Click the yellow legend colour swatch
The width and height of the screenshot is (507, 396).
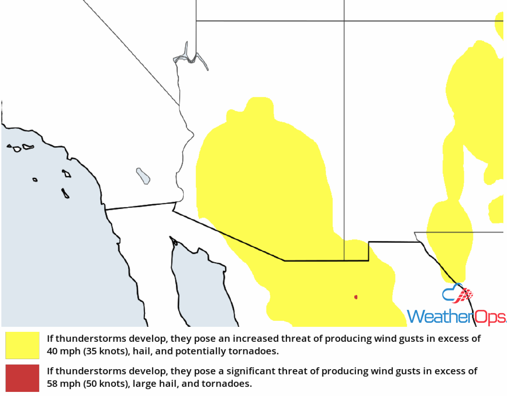tap(22, 345)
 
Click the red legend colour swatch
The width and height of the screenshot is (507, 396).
tap(22, 377)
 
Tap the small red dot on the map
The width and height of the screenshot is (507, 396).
tap(356, 297)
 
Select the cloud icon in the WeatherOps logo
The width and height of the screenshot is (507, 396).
tap(457, 294)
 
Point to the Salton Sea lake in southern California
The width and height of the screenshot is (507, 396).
tap(143, 176)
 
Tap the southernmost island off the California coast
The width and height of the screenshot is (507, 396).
tap(65, 193)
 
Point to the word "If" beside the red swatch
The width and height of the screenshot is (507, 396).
tap(50, 371)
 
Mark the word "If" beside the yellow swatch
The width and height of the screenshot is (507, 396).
tap(50, 339)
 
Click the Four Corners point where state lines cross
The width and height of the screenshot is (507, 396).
tap(344, 20)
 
